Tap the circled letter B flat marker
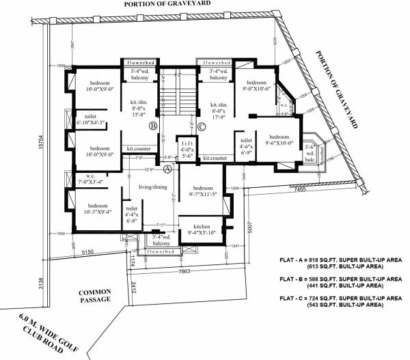(154, 126)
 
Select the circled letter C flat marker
(201, 126)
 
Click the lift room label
(186, 144)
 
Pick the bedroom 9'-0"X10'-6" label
(255, 84)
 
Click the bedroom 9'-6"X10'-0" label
(279, 139)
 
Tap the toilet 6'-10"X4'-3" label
(91, 120)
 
